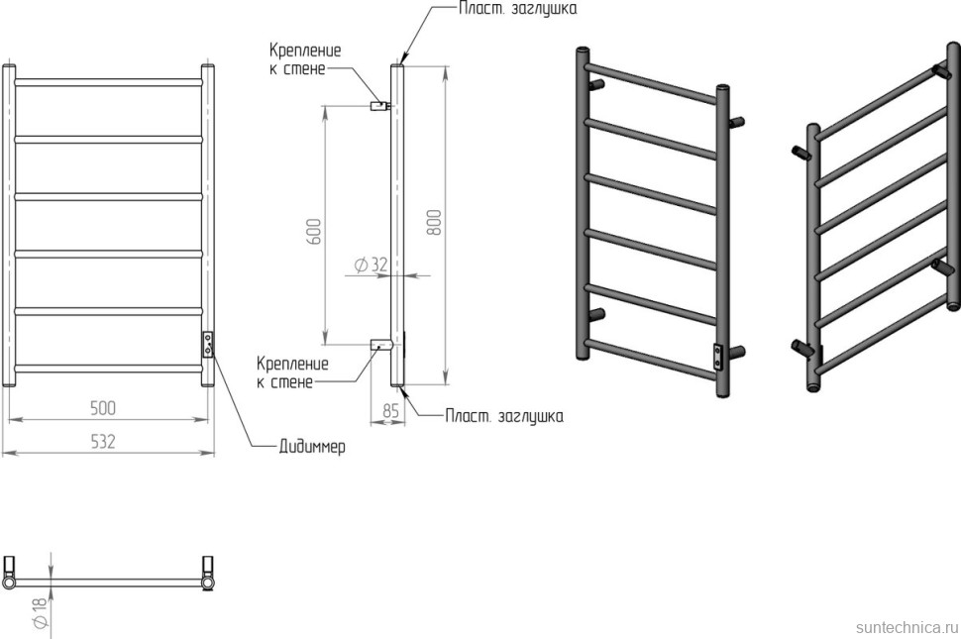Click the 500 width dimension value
tap(103, 407)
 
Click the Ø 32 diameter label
tap(369, 265)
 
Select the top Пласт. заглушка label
tap(516, 9)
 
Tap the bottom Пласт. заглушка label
tap(504, 416)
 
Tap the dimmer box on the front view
tap(208, 345)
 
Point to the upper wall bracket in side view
tap(378, 105)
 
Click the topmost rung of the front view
tap(109, 81)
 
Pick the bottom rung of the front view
tap(109, 369)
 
